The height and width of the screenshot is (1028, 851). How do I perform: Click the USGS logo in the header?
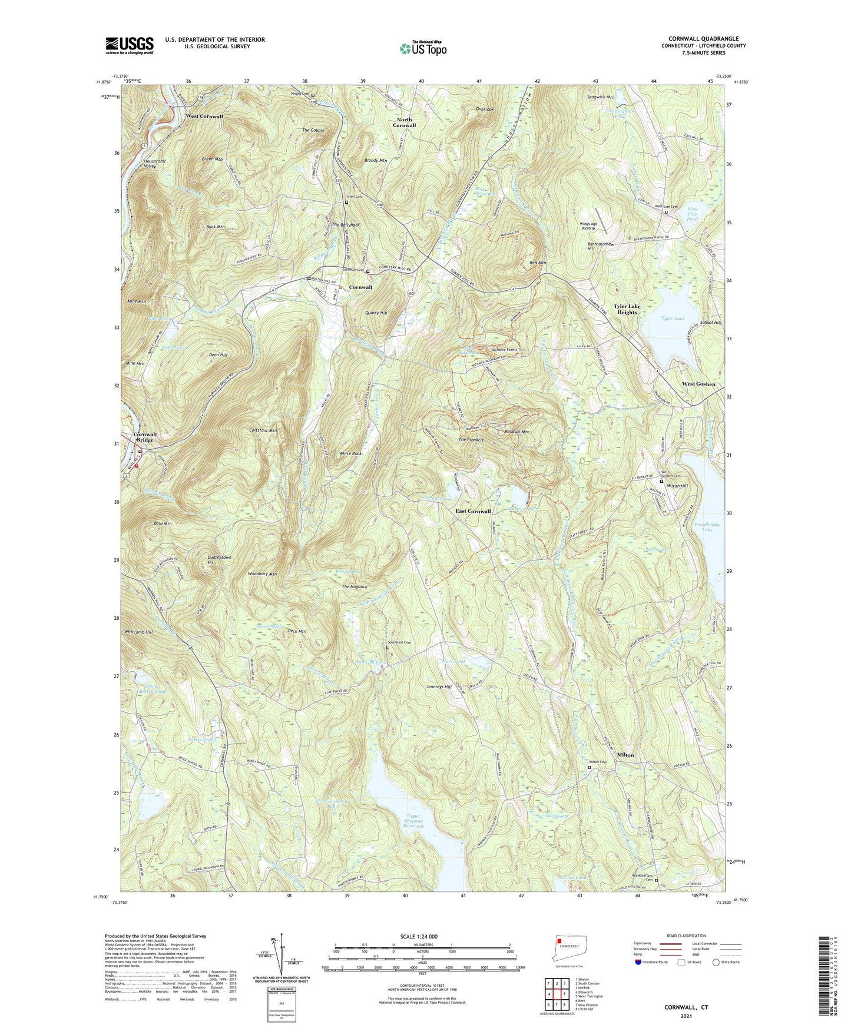tap(130, 45)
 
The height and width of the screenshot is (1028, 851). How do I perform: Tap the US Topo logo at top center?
tap(422, 48)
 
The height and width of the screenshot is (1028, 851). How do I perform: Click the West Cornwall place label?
tap(204, 117)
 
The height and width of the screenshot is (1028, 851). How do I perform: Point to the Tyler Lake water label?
tap(673, 319)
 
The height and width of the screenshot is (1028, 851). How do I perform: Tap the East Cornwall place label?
tap(473, 511)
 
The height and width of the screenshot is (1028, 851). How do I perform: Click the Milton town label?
tap(625, 755)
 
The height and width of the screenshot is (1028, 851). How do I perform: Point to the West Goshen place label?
tap(698, 384)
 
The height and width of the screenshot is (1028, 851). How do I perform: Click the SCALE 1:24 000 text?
tap(422, 937)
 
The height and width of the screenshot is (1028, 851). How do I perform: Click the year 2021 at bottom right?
tap(686, 1016)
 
